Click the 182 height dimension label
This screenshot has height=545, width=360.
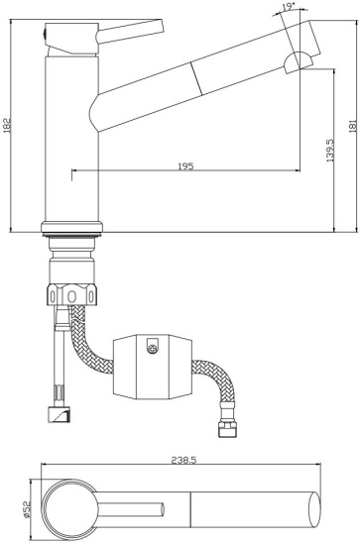point(7,125)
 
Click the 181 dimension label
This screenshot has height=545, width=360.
point(353,126)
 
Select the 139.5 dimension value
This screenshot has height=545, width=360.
point(329,151)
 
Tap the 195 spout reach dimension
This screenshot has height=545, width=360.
point(185,166)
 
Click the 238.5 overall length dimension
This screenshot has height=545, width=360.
point(184,460)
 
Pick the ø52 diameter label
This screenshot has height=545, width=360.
point(27,509)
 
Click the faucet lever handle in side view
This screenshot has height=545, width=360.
point(130,32)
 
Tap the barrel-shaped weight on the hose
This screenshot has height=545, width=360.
point(153,367)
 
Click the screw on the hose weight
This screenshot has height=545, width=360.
point(152,348)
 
